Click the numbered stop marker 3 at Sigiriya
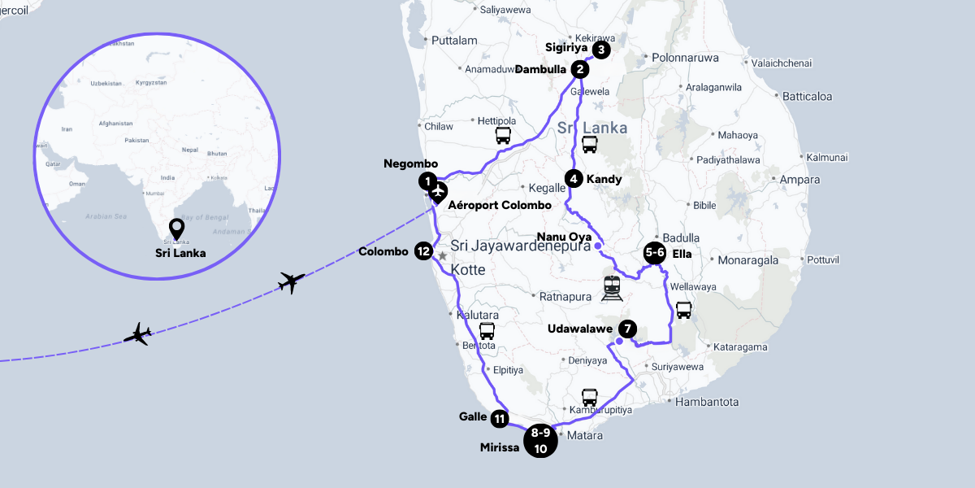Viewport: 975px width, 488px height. [600, 50]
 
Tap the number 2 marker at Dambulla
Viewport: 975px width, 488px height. [579, 69]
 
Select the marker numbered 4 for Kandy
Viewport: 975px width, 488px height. [574, 179]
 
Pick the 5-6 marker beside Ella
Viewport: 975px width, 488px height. [655, 253]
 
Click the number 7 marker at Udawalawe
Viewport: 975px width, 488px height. [627, 329]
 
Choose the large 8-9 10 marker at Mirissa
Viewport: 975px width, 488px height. [540, 440]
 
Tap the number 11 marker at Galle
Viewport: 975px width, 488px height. [500, 419]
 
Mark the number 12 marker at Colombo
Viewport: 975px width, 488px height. [423, 251]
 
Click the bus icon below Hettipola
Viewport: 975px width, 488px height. [504, 136]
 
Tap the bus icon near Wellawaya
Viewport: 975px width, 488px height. [684, 310]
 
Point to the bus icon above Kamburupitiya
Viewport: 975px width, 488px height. [590, 398]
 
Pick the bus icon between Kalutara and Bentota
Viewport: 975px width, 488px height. [487, 331]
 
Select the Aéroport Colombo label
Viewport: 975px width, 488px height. [500, 205]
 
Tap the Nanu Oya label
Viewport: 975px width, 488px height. [564, 237]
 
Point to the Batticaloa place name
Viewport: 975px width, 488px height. [807, 96]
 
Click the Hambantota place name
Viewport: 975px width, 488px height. [706, 402]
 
